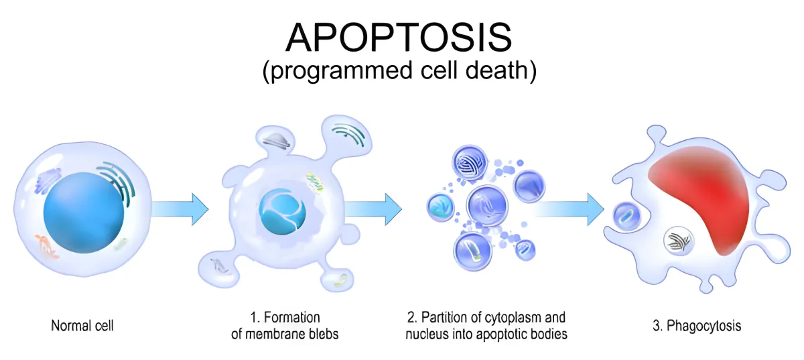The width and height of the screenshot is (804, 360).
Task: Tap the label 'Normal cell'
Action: click(82, 326)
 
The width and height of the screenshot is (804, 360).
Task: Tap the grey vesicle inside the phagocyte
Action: click(677, 240)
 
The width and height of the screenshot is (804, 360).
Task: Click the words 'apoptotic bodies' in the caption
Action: click(527, 334)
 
